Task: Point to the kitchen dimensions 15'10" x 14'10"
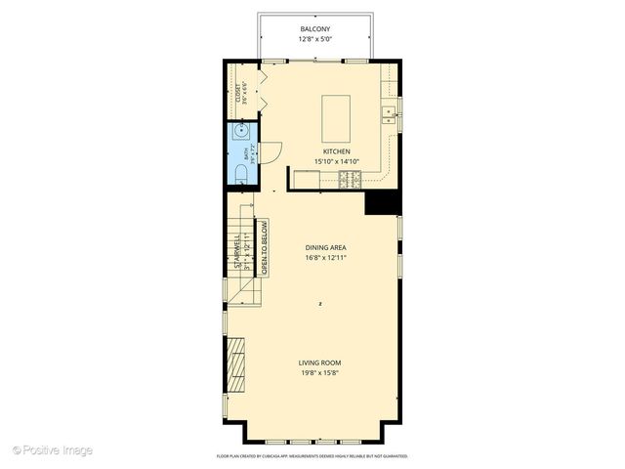point(337,163)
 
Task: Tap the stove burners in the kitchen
point(349,178)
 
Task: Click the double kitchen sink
point(390,114)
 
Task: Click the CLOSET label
point(237,94)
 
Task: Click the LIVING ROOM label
point(319,363)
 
